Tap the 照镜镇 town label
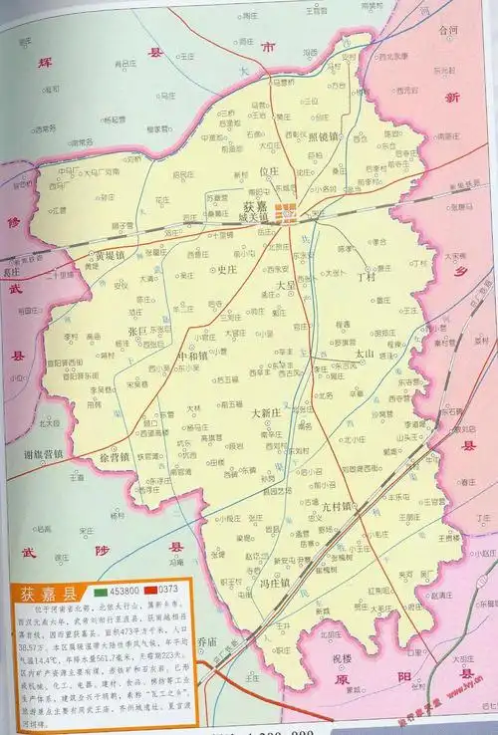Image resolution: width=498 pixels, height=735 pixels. (x=325, y=136)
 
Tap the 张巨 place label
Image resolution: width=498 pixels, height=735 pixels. (x=137, y=330)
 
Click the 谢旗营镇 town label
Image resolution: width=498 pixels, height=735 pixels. (x=41, y=454)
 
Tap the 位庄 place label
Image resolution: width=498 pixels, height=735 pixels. (x=269, y=171)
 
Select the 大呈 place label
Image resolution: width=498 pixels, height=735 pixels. (x=286, y=286)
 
